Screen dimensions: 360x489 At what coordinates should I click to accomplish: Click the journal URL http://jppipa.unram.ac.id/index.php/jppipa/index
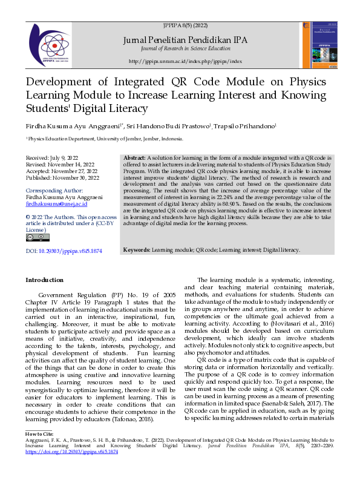click(185, 62)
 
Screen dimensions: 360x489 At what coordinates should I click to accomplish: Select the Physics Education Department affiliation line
click(104, 139)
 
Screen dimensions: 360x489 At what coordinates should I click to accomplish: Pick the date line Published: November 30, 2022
click(63, 178)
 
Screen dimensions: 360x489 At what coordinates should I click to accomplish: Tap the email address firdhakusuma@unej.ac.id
click(58, 204)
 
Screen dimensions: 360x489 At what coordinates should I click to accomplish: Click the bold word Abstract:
click(134, 157)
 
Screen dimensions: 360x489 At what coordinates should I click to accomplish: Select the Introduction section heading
click(44, 280)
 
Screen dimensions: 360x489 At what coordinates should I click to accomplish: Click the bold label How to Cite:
click(39, 435)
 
